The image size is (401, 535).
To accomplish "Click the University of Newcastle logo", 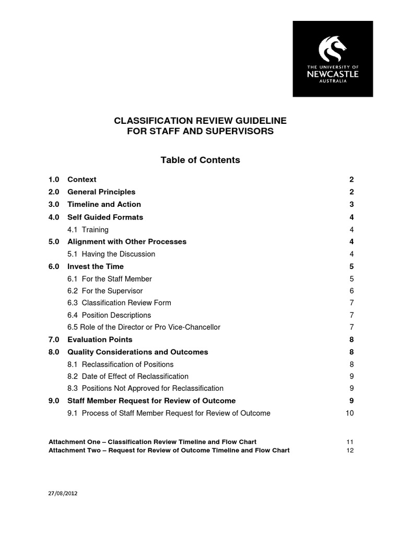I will pyautogui.click(x=333, y=59).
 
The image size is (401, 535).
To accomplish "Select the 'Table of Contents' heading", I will pyautogui.click(x=200, y=160).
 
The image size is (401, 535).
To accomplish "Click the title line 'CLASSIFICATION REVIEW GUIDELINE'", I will pyautogui.click(x=200, y=121).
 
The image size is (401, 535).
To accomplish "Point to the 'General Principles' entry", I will pyautogui.click(x=101, y=192).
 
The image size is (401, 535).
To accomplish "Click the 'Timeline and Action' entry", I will pyautogui.click(x=104, y=204).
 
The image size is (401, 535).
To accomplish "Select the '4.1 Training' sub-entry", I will pyautogui.click(x=88, y=229).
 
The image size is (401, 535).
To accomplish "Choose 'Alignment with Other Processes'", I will pyautogui.click(x=127, y=241).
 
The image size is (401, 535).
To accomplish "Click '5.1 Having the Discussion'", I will pyautogui.click(x=111, y=254).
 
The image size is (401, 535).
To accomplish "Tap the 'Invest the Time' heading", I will pyautogui.click(x=96, y=266).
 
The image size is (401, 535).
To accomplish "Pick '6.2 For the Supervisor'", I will pyautogui.click(x=105, y=290).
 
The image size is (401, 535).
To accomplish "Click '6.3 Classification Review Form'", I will pyautogui.click(x=119, y=303).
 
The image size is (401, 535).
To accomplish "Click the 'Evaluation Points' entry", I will pyautogui.click(x=100, y=340).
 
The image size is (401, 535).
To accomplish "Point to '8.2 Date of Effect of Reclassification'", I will pyautogui.click(x=128, y=376).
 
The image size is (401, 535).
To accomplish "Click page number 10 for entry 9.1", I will pyautogui.click(x=350, y=413).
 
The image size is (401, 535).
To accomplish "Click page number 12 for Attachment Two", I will pyautogui.click(x=350, y=450).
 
